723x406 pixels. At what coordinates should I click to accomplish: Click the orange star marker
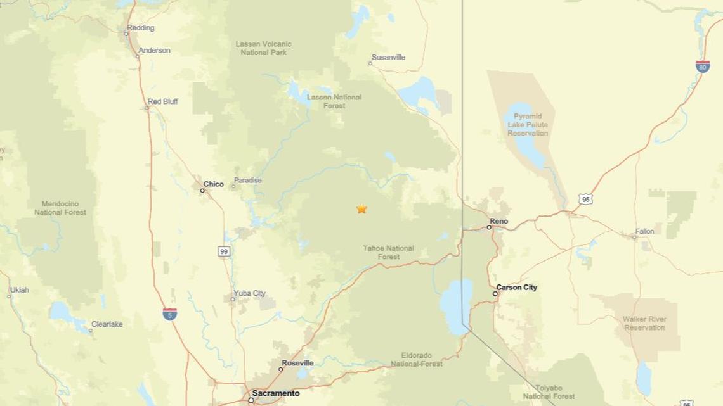tap(361, 208)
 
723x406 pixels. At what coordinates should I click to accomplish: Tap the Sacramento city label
tap(274, 393)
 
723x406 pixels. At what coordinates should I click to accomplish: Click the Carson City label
tap(516, 288)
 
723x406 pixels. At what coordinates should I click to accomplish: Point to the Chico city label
tap(214, 184)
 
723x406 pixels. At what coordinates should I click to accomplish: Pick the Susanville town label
tap(388, 58)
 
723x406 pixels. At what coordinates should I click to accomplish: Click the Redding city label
tap(140, 28)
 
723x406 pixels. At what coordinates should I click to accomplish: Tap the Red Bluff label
tap(162, 101)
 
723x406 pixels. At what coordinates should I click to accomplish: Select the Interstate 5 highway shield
tap(169, 314)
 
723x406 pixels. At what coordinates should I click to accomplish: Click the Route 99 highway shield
tap(225, 251)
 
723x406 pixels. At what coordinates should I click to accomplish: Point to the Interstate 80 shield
tap(702, 66)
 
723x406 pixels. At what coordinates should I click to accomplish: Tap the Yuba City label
tap(250, 293)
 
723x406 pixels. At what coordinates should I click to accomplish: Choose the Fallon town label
tap(644, 231)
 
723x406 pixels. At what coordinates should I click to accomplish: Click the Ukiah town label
tap(20, 290)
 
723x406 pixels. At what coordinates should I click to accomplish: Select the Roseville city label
tap(297, 363)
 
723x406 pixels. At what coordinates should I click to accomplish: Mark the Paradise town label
tap(247, 181)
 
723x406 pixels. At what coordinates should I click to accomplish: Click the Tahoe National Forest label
tap(389, 252)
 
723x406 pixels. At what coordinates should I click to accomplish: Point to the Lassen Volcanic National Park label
tap(263, 48)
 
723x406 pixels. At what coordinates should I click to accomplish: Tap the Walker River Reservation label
tap(643, 324)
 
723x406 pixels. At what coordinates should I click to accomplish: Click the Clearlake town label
tap(107, 324)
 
